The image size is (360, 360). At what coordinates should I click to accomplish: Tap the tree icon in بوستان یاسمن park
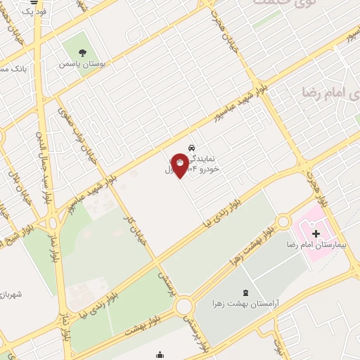[83, 51]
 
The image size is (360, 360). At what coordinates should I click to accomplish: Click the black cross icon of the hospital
[315, 233]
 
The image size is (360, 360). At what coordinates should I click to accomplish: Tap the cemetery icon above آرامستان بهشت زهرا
[245, 292]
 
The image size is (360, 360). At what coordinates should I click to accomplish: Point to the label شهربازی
[12, 293]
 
